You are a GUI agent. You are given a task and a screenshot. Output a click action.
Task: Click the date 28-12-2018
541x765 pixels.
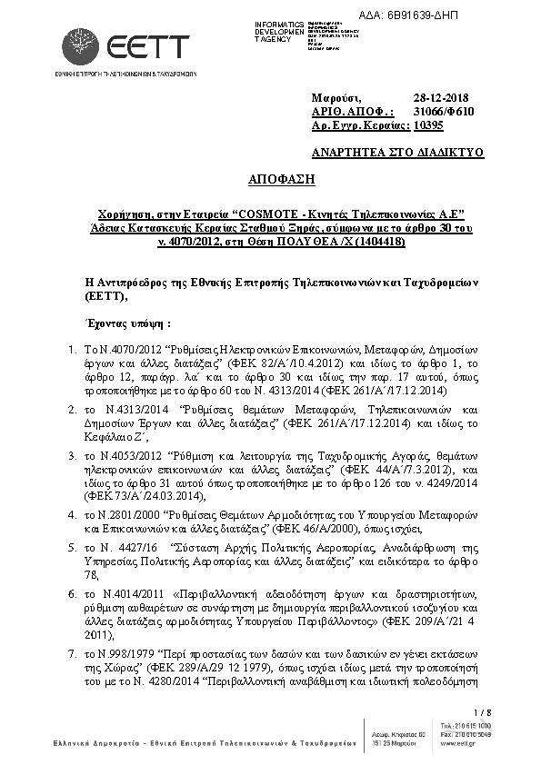441,97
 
